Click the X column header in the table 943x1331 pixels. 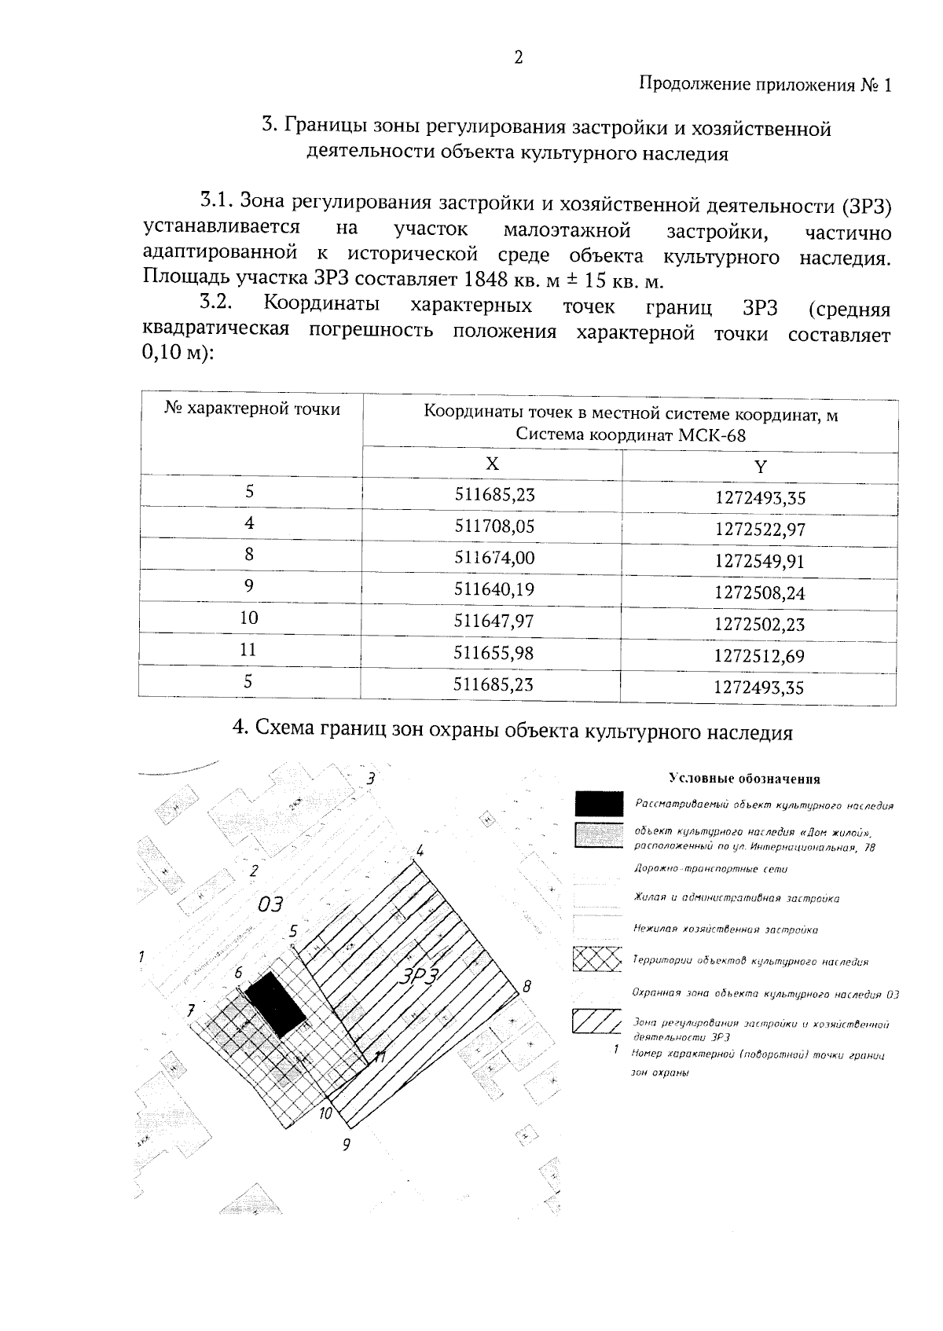492,464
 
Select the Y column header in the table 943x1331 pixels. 760,467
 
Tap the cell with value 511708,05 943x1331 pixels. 494,526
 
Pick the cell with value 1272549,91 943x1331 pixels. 760,562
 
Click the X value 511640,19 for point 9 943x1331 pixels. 494,590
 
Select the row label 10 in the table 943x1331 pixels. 249,618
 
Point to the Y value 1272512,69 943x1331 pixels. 760,656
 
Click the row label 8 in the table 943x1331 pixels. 249,555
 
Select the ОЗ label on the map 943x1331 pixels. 270,904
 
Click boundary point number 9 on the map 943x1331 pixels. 346,1145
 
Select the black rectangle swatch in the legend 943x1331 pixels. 599,804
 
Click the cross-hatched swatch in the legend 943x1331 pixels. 599,959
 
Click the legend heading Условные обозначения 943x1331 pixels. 744,779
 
